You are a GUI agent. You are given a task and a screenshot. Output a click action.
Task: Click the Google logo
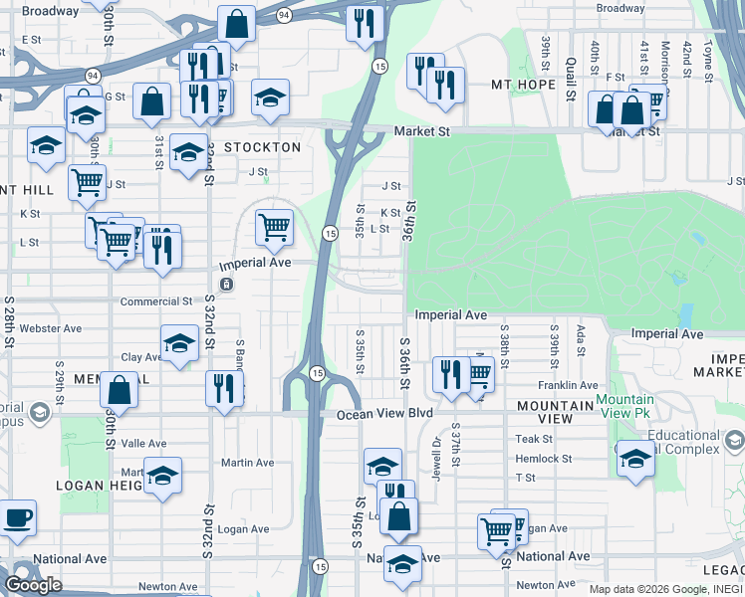tap(34, 585)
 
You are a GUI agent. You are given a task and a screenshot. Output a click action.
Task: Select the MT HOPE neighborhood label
tap(523, 85)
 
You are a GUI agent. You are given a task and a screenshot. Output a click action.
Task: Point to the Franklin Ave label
tap(568, 385)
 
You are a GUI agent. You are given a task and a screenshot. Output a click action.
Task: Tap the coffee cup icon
tap(17, 518)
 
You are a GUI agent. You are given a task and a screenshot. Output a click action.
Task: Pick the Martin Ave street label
tap(247, 463)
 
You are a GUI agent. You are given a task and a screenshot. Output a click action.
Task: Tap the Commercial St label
tap(156, 301)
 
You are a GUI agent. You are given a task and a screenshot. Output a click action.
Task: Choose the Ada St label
tap(579, 337)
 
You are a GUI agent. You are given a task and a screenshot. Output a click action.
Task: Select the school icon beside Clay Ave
tap(179, 344)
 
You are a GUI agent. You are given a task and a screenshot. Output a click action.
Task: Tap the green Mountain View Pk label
tap(625, 405)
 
